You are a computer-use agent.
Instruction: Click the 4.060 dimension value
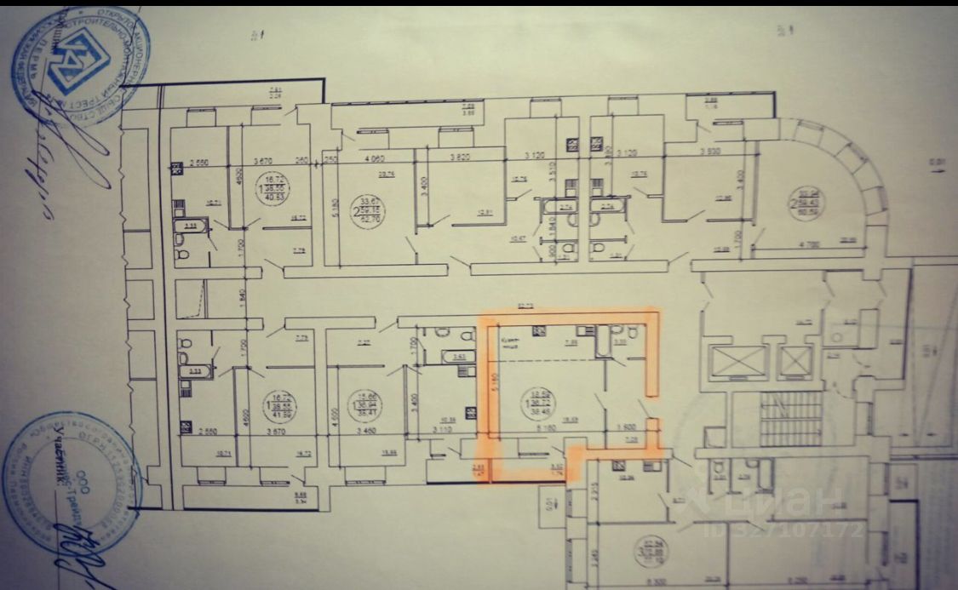click(376, 158)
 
